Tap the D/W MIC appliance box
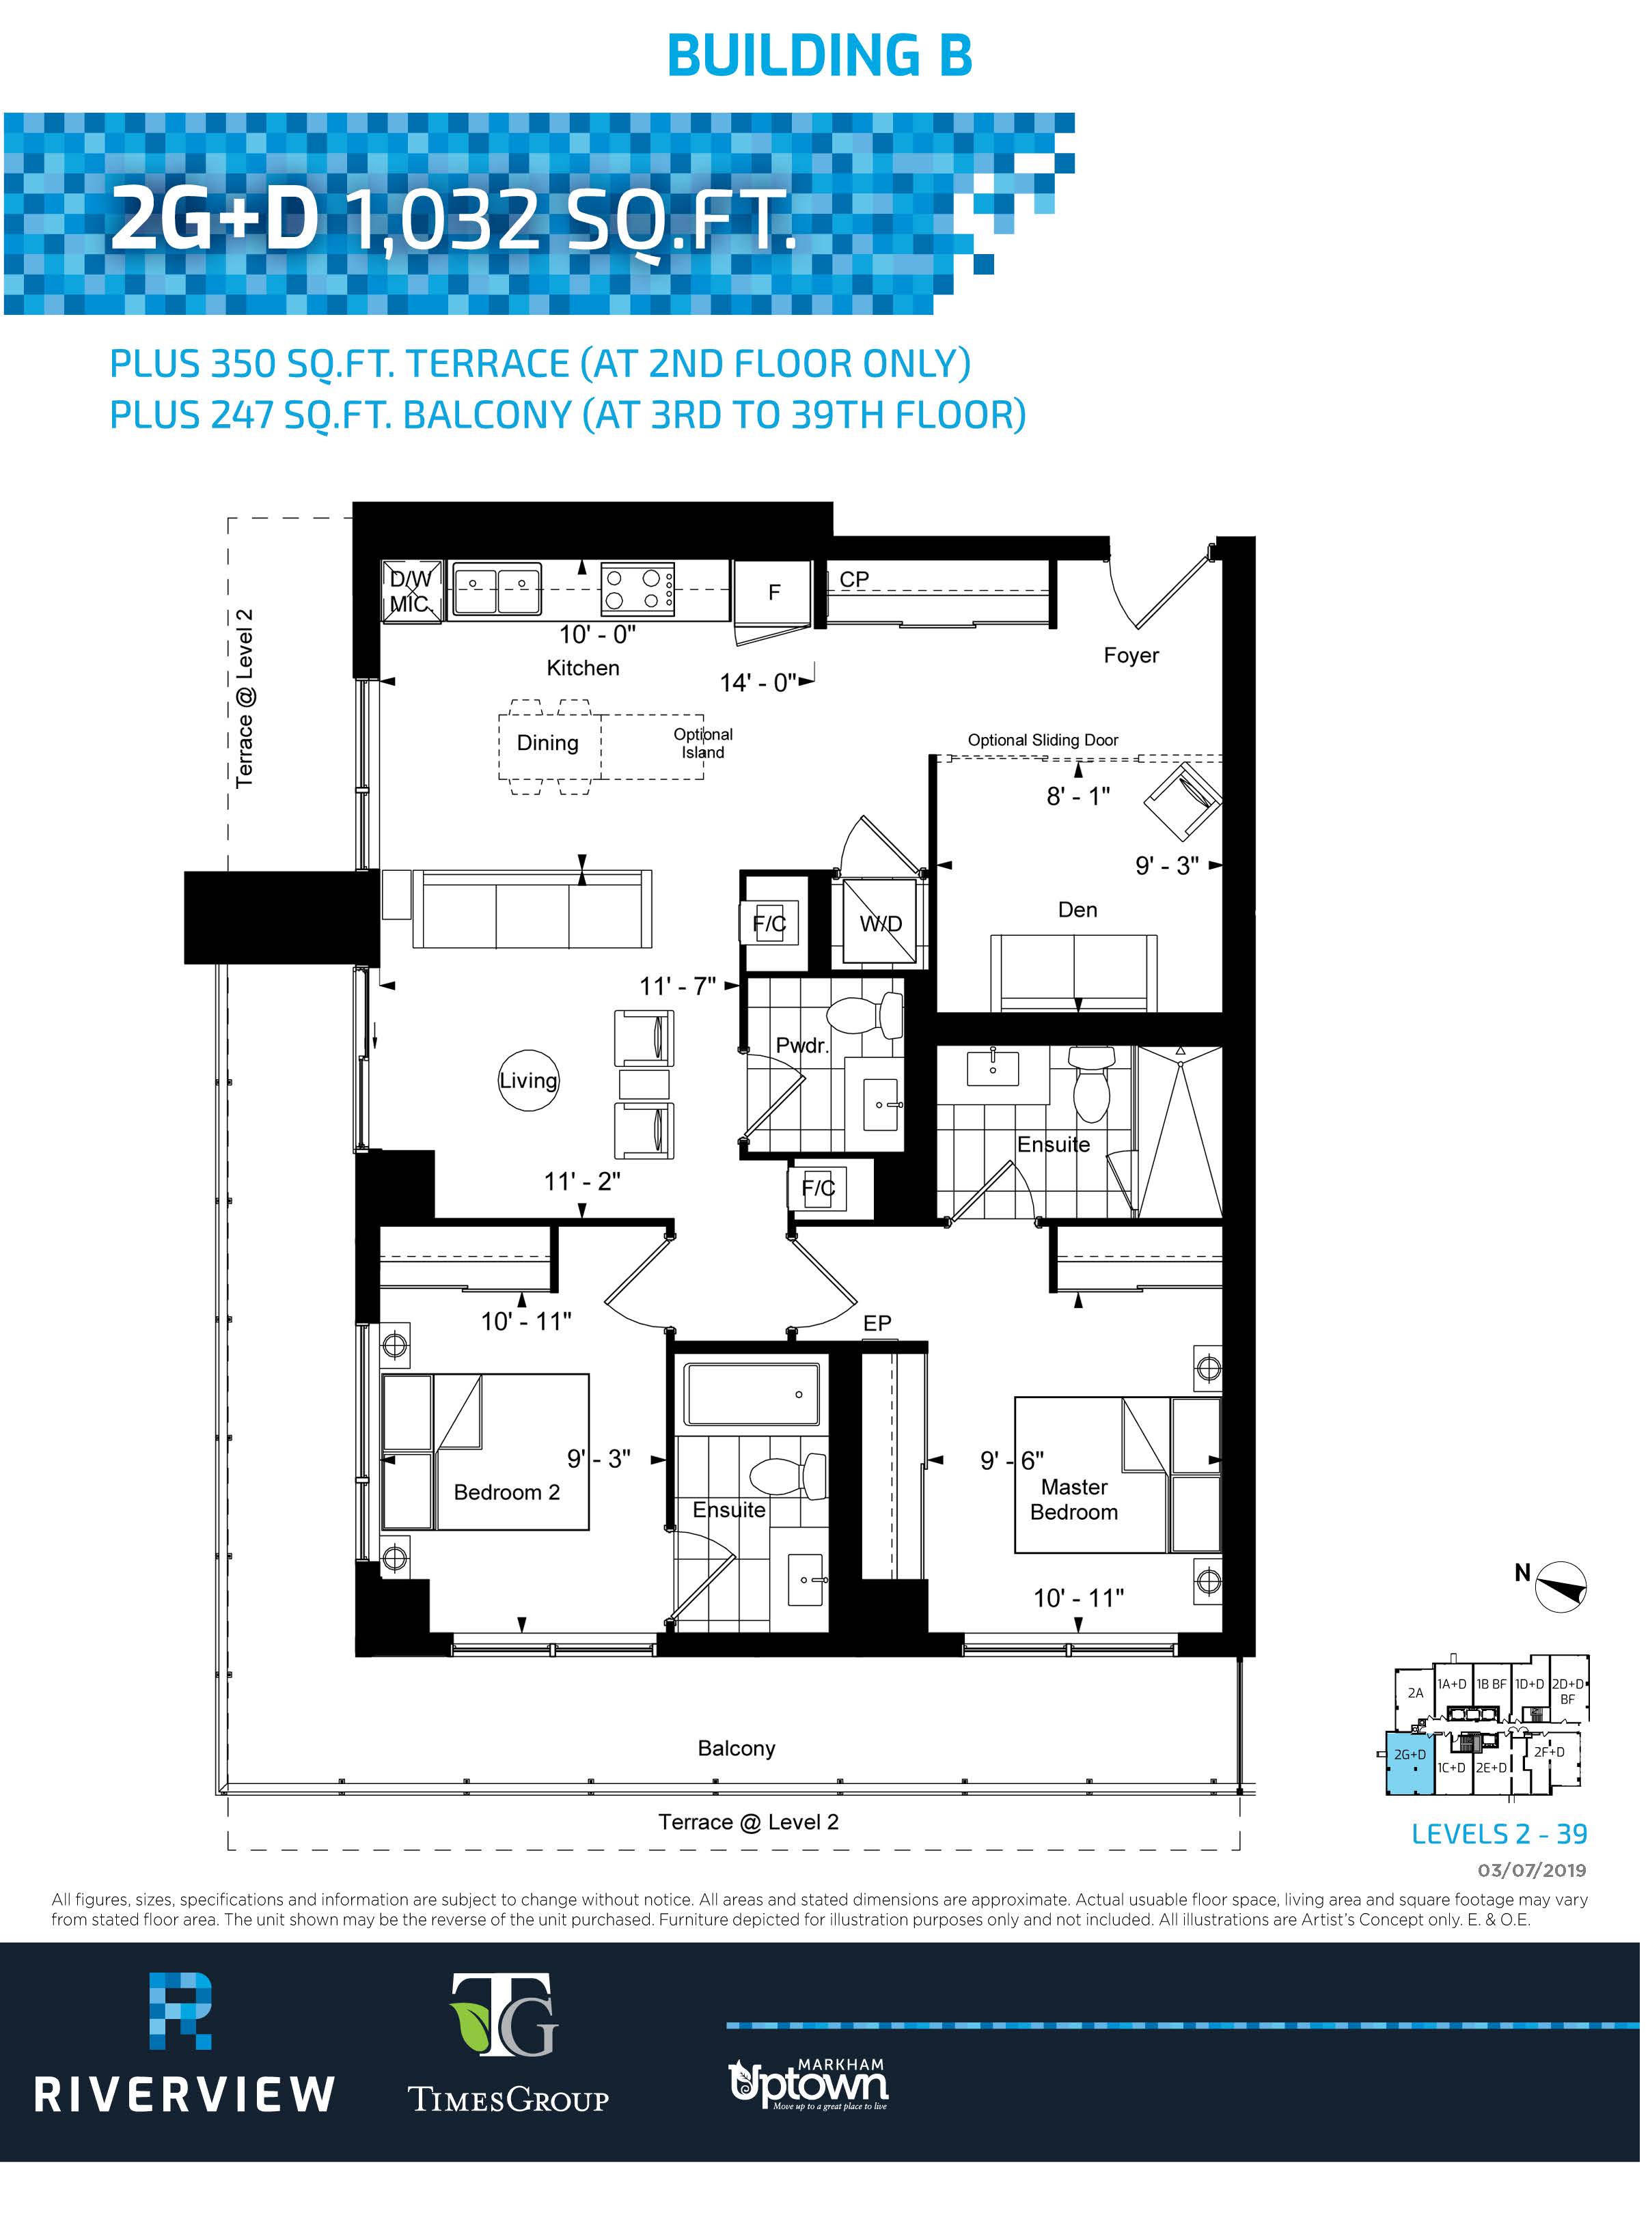pos(412,591)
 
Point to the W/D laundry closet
pos(881,923)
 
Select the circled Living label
pos(529,1080)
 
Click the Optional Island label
pos(702,743)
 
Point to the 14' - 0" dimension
pos(758,682)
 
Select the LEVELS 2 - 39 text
pos(1498,1833)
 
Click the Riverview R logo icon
pos(180,2009)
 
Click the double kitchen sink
pos(497,588)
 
